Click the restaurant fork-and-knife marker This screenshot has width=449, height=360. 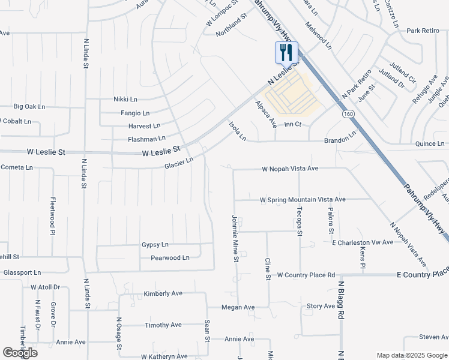pyautogui.click(x=286, y=52)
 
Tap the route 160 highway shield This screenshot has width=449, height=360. pyautogui.click(x=348, y=113)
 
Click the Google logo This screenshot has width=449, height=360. pyautogui.click(x=20, y=352)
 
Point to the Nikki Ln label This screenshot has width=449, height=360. pyautogui.click(x=125, y=99)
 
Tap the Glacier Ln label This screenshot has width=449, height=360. pyautogui.click(x=179, y=161)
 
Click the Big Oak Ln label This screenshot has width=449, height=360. pyautogui.click(x=29, y=107)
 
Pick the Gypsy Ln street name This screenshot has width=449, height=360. pyautogui.click(x=155, y=245)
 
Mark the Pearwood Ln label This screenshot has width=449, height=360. pyautogui.click(x=170, y=258)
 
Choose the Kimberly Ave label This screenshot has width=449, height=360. pyautogui.click(x=163, y=294)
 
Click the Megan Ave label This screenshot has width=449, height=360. pyautogui.click(x=238, y=307)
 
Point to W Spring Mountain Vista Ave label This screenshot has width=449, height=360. pyautogui.click(x=303, y=199)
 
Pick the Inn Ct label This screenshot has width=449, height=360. pyautogui.click(x=292, y=124)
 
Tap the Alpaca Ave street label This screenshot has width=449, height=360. pyautogui.click(x=265, y=114)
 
